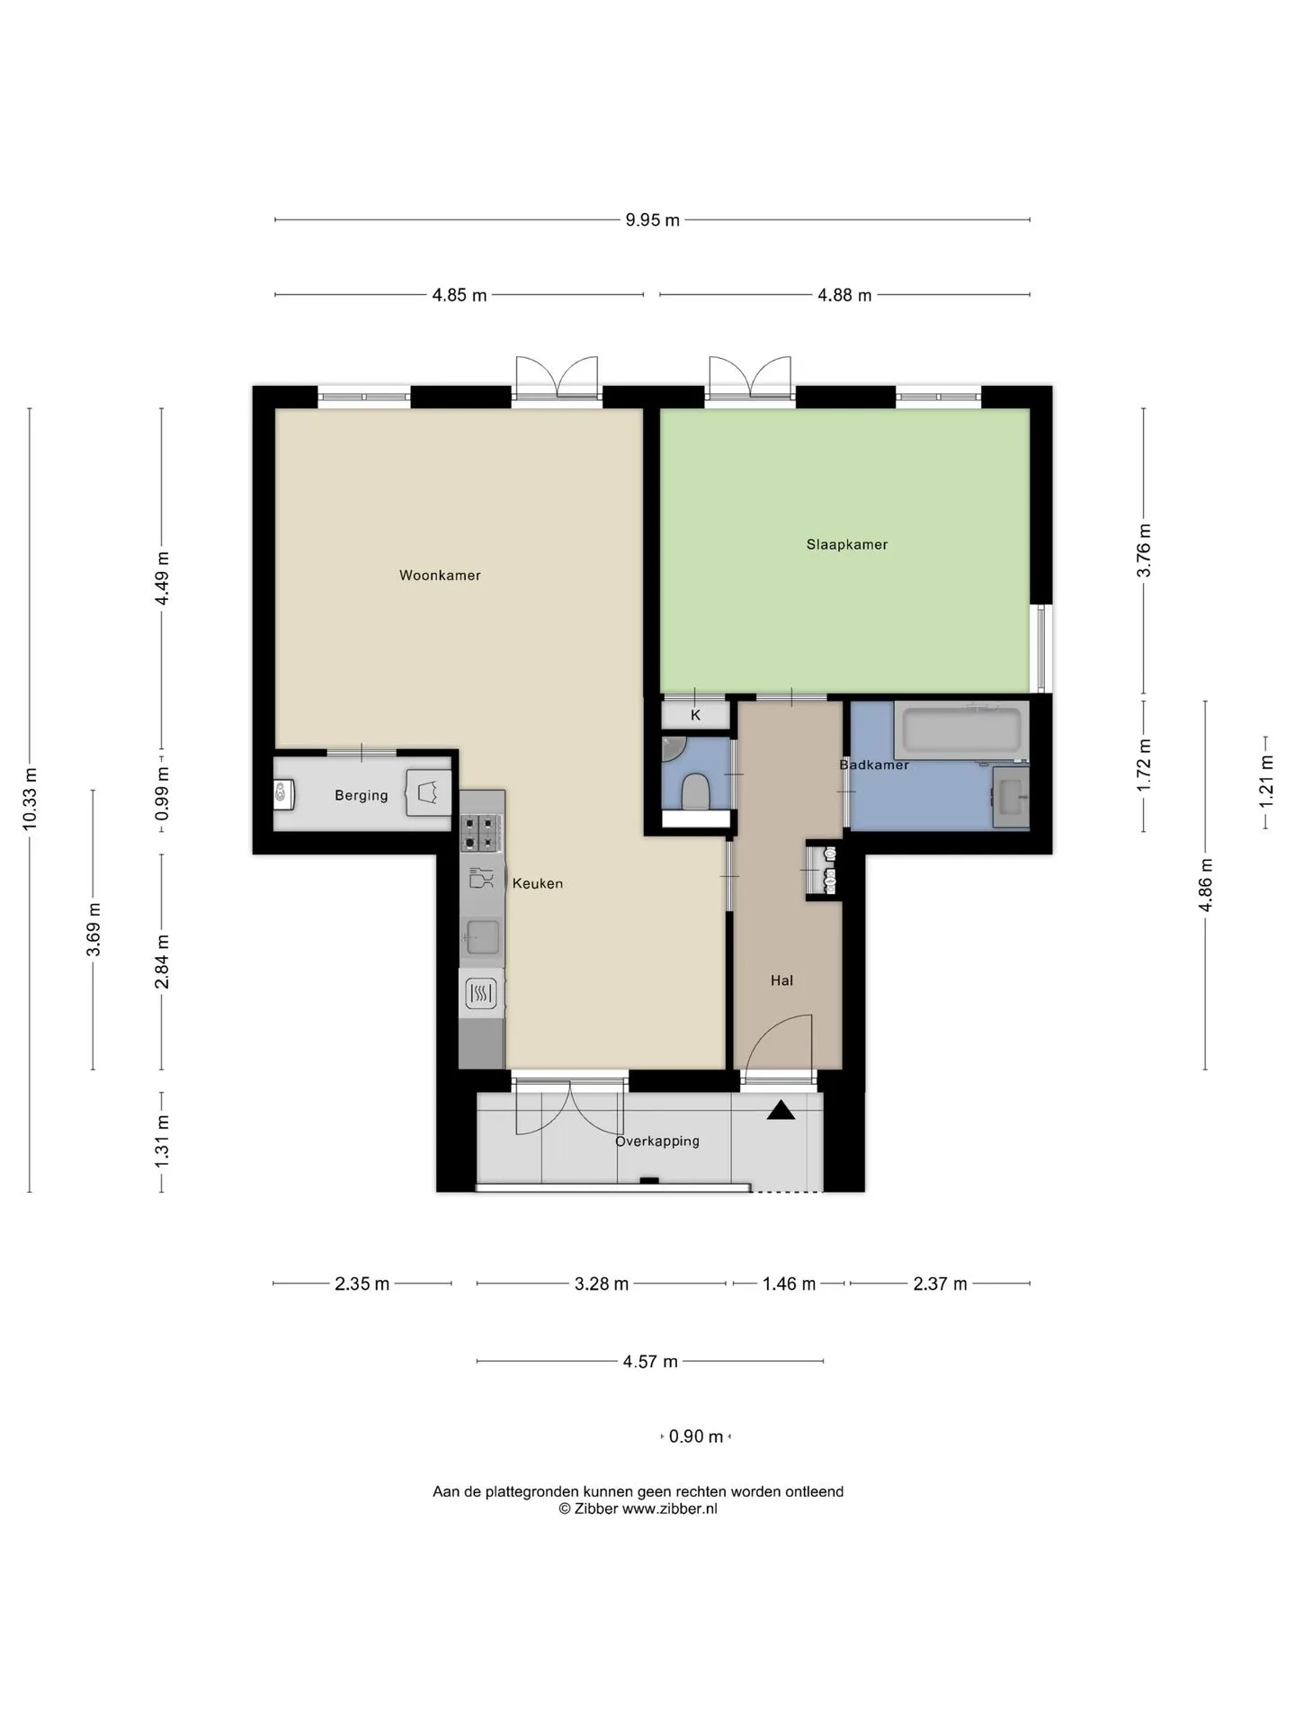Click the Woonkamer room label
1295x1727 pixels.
point(440,576)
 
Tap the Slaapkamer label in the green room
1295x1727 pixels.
point(847,545)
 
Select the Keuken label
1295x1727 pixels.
point(538,884)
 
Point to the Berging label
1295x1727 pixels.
point(362,796)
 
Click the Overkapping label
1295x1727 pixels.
point(657,1141)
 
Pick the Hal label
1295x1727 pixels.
point(781,981)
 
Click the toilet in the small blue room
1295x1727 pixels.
point(695,792)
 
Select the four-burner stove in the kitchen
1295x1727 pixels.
point(481,833)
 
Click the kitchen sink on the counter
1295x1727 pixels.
point(482,937)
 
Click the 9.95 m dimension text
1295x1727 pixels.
point(653,220)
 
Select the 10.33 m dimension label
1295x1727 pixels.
point(30,800)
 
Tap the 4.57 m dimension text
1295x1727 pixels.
point(650,1362)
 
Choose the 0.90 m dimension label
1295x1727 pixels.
point(696,1436)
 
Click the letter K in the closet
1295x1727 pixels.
point(695,716)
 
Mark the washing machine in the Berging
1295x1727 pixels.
point(429,792)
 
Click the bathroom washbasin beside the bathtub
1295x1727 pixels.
point(1011,797)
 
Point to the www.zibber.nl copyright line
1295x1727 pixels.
point(639,1509)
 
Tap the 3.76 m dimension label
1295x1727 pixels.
point(1144,550)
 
